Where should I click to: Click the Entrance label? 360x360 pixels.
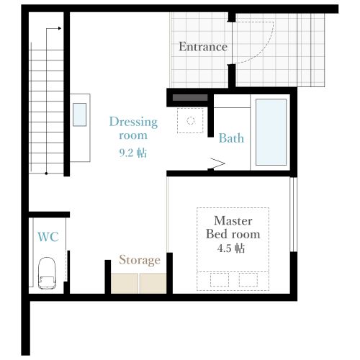click(203, 47)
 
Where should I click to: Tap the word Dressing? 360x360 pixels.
click(133, 122)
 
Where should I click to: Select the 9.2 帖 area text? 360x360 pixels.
click(133, 153)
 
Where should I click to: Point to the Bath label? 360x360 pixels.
click(231, 138)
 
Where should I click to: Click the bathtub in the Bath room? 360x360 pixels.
click(271, 132)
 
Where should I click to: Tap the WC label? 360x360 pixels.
click(48, 237)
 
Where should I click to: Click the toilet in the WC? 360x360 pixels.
click(47, 273)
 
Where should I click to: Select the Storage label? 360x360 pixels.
click(140, 260)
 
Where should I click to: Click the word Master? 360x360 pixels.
click(233, 221)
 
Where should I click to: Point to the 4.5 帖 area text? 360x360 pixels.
click(231, 248)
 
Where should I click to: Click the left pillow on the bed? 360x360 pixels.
click(220, 279)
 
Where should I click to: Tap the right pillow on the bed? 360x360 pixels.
click(248, 279)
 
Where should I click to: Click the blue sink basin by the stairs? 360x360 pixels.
click(80, 114)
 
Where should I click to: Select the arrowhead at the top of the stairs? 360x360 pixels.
click(60, 28)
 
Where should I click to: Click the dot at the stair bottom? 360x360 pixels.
click(46, 174)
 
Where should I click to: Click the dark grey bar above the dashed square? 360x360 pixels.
click(190, 97)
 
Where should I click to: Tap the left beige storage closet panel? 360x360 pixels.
click(125, 283)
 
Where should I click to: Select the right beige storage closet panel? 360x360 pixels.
click(153, 283)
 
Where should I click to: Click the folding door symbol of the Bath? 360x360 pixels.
click(217, 164)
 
